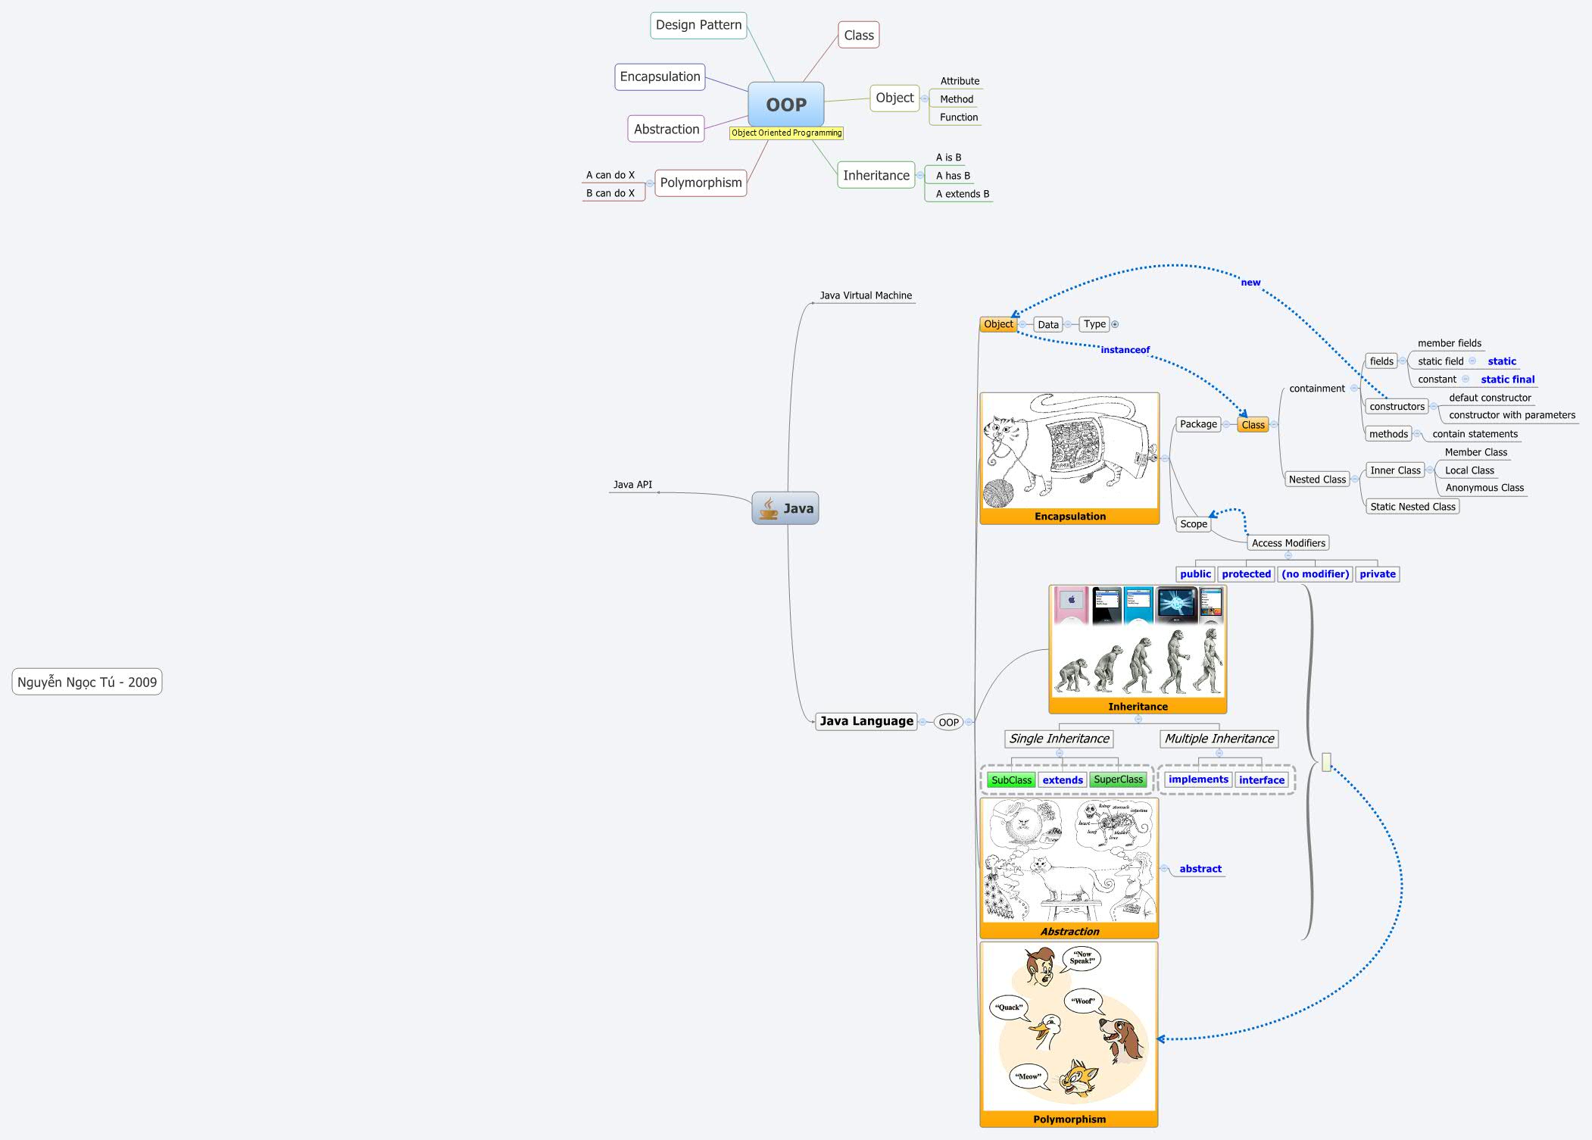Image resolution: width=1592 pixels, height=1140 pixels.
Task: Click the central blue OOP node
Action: click(785, 105)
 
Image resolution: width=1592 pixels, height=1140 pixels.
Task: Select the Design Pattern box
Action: click(698, 25)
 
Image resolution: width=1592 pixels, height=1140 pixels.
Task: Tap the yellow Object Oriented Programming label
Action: click(786, 133)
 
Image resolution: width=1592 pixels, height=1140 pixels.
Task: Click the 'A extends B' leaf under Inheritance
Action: click(962, 194)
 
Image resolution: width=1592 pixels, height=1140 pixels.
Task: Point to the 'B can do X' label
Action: click(610, 193)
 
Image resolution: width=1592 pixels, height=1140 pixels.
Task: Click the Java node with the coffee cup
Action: click(785, 508)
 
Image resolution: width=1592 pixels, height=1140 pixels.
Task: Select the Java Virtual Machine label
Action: click(866, 295)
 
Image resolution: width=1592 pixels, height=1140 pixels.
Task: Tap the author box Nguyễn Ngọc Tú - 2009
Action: click(87, 682)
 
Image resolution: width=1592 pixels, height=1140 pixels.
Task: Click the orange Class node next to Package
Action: click(1253, 425)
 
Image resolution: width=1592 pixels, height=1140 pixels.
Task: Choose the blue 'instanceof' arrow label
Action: click(1125, 350)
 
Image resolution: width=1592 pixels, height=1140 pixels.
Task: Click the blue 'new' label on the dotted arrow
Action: click(1250, 283)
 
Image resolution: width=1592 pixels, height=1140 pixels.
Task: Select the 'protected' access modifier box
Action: click(1246, 574)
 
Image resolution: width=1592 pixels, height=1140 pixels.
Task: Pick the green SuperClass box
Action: click(1118, 779)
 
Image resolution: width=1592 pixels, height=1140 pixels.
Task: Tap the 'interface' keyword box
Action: click(1261, 780)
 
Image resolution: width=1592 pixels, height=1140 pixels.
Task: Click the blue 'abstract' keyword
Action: click(1200, 869)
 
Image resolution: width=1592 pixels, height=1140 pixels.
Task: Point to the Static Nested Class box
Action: click(1413, 507)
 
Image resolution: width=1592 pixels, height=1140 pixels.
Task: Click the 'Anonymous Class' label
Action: click(1484, 488)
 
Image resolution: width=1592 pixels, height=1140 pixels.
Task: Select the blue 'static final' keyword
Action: click(1507, 379)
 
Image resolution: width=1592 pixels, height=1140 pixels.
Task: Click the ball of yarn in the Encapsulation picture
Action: click(998, 493)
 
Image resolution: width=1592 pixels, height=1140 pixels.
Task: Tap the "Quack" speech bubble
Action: click(1009, 1007)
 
